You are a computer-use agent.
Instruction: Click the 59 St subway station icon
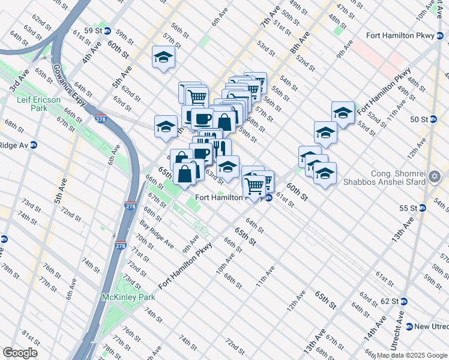[x=107, y=31]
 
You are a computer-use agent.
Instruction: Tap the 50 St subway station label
[x=420, y=119]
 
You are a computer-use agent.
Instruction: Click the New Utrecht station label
[x=431, y=326]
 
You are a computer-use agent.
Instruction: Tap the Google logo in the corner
[x=20, y=352]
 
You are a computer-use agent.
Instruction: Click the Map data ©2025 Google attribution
[x=412, y=355]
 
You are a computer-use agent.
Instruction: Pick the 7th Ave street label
[x=271, y=17]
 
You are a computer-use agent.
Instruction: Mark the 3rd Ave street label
[x=19, y=82]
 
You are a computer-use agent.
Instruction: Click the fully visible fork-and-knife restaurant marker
[x=220, y=148]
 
